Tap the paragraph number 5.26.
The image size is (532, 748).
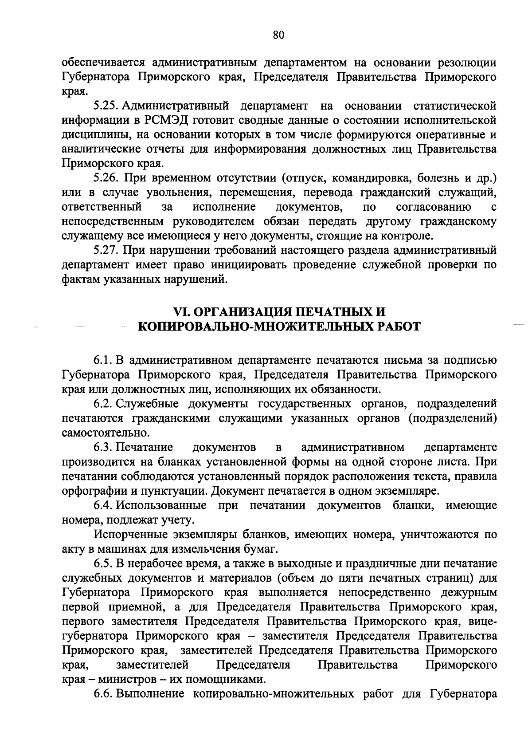click(105, 178)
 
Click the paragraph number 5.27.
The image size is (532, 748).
click(105, 251)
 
